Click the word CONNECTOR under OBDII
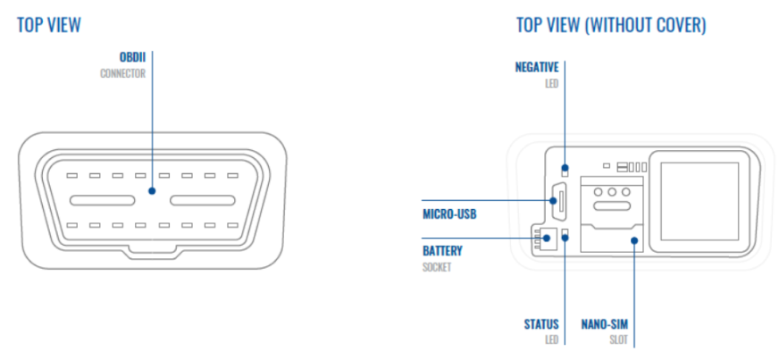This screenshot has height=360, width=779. point(122,73)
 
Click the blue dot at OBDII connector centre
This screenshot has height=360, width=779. point(153,190)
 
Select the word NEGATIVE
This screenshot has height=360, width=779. point(537,67)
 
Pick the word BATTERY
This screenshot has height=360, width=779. point(442,250)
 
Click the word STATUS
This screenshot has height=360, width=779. point(541,323)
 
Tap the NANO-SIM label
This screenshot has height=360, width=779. point(607,323)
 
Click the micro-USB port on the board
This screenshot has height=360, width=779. point(555,200)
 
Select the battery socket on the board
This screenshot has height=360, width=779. point(547,239)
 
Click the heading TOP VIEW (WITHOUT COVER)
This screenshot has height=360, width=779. point(611,25)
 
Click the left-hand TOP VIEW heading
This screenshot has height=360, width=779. point(49,25)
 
